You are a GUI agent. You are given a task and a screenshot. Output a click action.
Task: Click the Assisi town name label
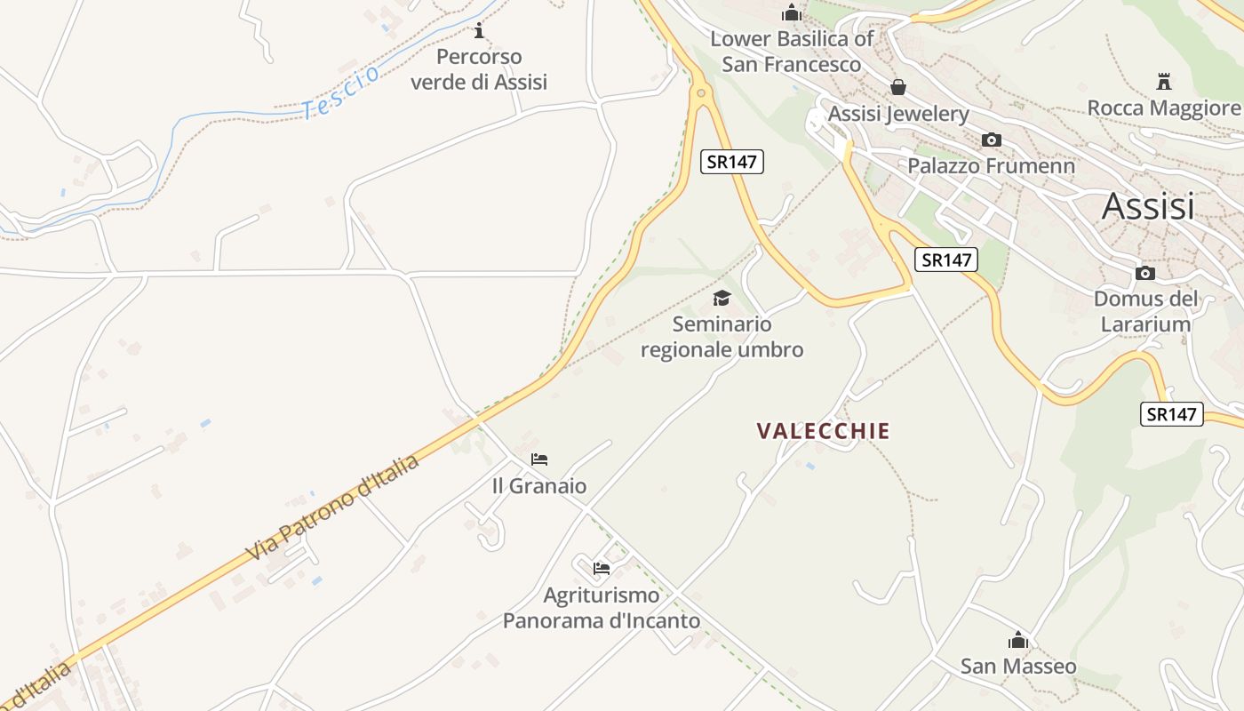pos(1148,206)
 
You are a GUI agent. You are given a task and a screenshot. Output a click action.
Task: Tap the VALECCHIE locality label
pos(823,431)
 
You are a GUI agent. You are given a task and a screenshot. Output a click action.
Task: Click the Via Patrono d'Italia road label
pos(332,508)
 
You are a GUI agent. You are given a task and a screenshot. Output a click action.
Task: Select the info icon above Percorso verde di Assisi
pos(480,31)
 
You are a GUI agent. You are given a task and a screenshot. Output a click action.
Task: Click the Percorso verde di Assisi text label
pos(479,69)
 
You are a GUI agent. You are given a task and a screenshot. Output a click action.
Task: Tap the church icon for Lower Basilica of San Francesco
pos(791,13)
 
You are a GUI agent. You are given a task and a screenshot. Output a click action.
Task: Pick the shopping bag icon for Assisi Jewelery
pos(898,87)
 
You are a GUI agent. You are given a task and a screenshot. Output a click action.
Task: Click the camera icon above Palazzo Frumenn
pos(991,140)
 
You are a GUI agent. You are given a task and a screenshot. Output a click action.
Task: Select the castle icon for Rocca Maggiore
pos(1164,82)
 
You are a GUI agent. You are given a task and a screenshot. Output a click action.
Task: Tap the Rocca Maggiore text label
pos(1164,108)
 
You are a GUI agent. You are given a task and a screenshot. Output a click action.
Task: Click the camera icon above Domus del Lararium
pos(1145,273)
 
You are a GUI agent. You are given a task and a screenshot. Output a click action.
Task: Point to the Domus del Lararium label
pos(1145,311)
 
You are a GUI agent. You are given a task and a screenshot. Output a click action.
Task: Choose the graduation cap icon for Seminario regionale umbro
pos(722,298)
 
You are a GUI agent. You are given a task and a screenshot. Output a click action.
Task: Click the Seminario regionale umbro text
pos(722,337)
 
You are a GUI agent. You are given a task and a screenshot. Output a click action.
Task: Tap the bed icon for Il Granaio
pos(539,459)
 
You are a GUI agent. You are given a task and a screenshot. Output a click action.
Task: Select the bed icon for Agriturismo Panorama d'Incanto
pos(602,569)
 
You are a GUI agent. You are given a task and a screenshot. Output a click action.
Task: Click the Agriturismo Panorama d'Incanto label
pos(602,608)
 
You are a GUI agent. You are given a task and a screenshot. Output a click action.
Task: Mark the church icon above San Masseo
pos(1018,640)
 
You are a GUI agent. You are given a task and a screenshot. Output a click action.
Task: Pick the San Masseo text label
pos(1018,667)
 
